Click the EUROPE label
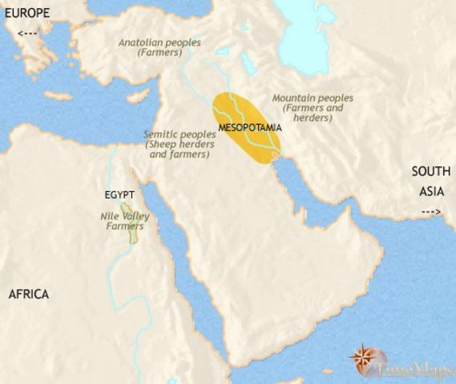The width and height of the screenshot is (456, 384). pos(26,13)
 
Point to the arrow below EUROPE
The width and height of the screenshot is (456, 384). pos(26,34)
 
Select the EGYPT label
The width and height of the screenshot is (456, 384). pos(119,194)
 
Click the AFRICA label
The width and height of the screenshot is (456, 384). pos(29,294)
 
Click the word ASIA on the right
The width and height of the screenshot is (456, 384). pos(430,192)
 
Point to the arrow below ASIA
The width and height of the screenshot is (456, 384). pos(430,211)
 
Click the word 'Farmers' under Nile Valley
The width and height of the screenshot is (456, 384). pos(119,226)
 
